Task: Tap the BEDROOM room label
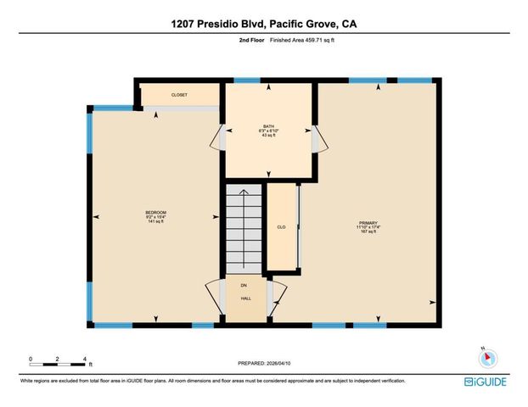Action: click(154, 212)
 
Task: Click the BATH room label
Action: click(269, 125)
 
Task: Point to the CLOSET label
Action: click(179, 95)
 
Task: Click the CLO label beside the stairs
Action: click(281, 227)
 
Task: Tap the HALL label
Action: click(244, 298)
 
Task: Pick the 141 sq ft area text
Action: click(154, 222)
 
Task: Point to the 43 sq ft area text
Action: click(269, 136)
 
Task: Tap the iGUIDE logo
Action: click(486, 382)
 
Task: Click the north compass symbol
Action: click(484, 357)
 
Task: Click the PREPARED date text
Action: click(263, 363)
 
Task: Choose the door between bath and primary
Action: click(317, 140)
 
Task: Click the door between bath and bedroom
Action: click(222, 139)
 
